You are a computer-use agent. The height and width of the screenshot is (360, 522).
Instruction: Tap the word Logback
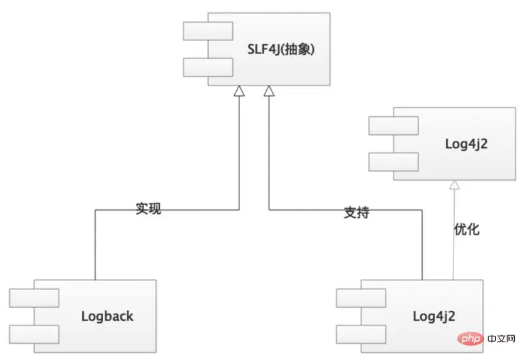[107, 316]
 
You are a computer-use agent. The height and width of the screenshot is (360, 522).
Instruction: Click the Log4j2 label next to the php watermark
[434, 316]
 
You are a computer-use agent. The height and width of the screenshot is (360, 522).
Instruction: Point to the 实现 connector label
[148, 209]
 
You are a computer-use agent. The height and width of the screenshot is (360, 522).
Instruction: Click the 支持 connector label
[356, 213]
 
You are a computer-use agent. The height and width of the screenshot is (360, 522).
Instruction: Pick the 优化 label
[467, 230]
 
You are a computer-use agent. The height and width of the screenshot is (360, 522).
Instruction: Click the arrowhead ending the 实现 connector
[239, 92]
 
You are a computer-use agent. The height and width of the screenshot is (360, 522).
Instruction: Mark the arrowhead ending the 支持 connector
[268, 92]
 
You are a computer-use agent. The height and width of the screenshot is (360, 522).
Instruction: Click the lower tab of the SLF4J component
[207, 67]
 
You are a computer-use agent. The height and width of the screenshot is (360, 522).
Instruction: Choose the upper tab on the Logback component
[34, 298]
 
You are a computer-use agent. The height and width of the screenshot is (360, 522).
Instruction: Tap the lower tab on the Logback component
[34, 334]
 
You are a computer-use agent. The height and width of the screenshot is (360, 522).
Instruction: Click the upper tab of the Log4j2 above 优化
[393, 125]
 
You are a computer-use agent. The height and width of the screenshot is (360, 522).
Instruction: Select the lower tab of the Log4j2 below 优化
[361, 334]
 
